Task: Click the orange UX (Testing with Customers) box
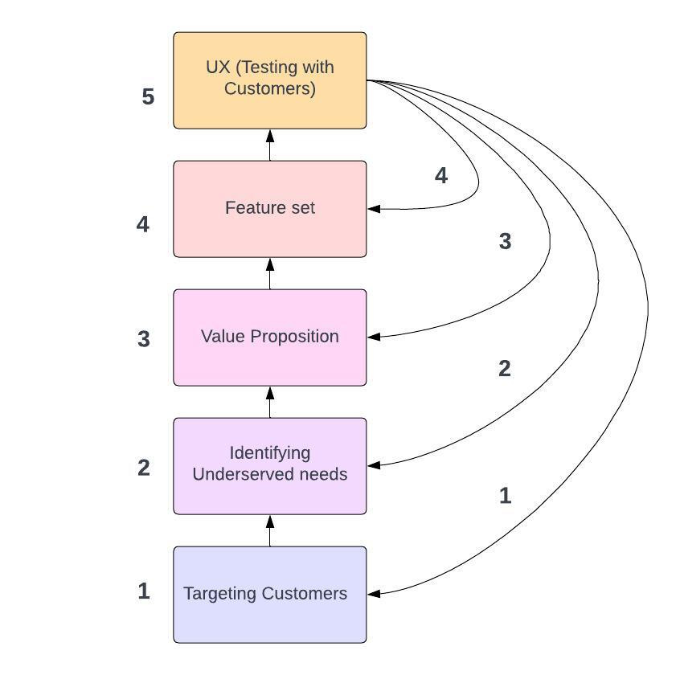[270, 80]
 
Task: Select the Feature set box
[270, 209]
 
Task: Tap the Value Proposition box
[270, 337]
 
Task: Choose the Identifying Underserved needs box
[270, 465]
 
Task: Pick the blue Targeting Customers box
[270, 594]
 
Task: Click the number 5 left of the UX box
[148, 97]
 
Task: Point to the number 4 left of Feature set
[143, 224]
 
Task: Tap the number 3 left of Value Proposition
[144, 339]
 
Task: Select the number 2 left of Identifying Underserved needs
[144, 468]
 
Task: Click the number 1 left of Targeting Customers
[144, 591]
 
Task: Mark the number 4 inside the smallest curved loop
[440, 176]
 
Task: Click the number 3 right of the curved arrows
[505, 241]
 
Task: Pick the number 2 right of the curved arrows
[505, 369]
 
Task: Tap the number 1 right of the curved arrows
[505, 496]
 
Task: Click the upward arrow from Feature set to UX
[270, 145]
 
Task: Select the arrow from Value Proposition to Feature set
[270, 273]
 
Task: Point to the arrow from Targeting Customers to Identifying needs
[270, 530]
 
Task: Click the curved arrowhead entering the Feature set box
[374, 209]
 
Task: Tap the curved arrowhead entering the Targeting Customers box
[374, 594]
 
